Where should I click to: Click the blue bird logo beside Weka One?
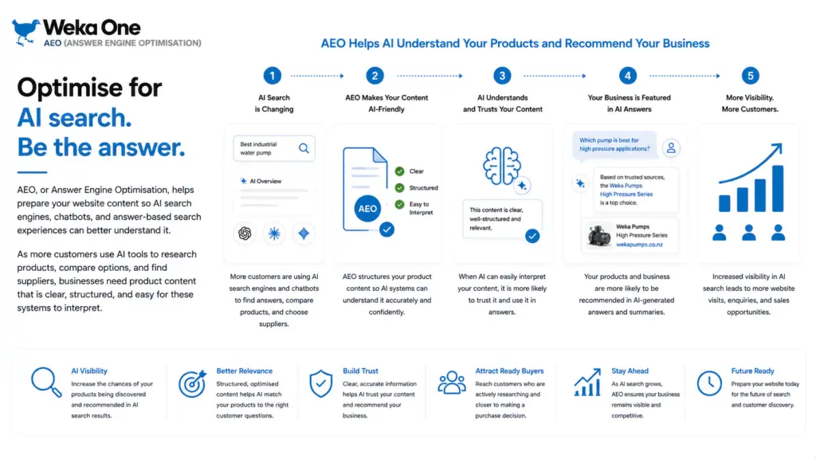pos(25,32)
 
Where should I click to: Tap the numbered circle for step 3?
pos(502,76)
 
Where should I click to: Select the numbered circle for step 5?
pos(751,76)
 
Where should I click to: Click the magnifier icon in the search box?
pos(304,149)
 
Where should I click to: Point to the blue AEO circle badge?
pos(367,209)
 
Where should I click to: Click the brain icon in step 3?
pos(501,166)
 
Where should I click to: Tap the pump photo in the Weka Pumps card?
pos(599,235)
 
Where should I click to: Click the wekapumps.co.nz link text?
pos(640,245)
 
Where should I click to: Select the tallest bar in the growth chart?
pos(778,188)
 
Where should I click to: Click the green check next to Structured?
pos(400,188)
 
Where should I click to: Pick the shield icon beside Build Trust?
pos(320,384)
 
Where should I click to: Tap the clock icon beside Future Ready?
pos(709,383)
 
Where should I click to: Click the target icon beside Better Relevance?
pos(193,383)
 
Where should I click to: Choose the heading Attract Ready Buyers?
pos(509,371)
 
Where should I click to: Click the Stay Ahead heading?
pos(630,371)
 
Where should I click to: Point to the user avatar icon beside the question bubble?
pos(671,148)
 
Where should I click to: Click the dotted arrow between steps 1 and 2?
pos(317,76)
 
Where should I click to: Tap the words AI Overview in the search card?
pos(265,181)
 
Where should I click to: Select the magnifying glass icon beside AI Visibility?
pos(46,382)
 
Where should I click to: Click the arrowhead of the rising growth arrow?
pos(778,149)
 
